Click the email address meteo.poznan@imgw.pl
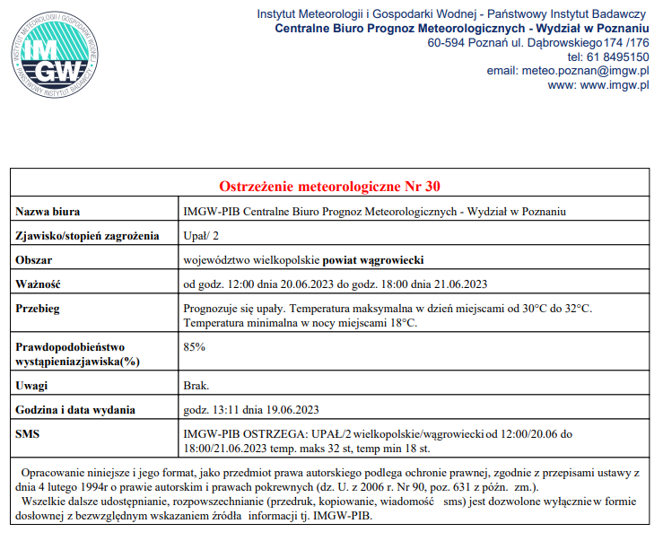[x=567, y=71]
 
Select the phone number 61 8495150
[x=618, y=57]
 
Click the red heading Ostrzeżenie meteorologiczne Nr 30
[x=330, y=187]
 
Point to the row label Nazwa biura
[x=48, y=212]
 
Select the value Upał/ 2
[x=201, y=236]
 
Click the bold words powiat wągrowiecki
[x=373, y=260]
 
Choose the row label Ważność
[x=38, y=284]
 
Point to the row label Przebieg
[x=38, y=309]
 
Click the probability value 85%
[x=194, y=346]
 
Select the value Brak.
[x=196, y=386]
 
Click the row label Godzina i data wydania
[x=75, y=410]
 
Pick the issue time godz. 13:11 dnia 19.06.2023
[x=251, y=410]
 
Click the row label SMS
[x=29, y=434]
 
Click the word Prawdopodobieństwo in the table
[x=70, y=346]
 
